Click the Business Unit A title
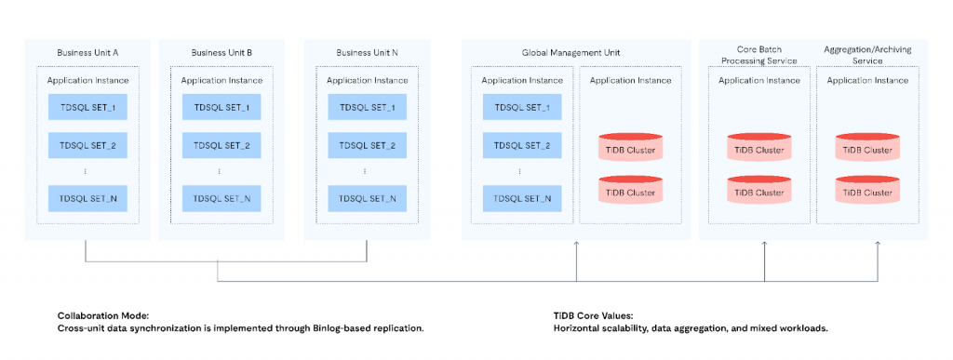click(87, 53)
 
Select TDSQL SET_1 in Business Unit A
click(87, 108)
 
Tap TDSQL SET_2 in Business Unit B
click(221, 146)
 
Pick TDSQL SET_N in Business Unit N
click(368, 198)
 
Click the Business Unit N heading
click(368, 53)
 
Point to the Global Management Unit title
click(570, 53)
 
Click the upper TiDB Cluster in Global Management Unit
click(630, 147)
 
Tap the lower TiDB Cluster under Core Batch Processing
click(759, 190)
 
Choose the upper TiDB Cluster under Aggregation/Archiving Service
click(867, 147)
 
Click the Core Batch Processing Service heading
click(758, 55)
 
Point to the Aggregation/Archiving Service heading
click(867, 55)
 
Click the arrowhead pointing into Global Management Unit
click(576, 244)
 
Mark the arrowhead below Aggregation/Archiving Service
click(877, 244)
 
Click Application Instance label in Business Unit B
click(221, 80)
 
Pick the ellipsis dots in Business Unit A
click(85, 172)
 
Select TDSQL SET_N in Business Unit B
click(221, 198)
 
